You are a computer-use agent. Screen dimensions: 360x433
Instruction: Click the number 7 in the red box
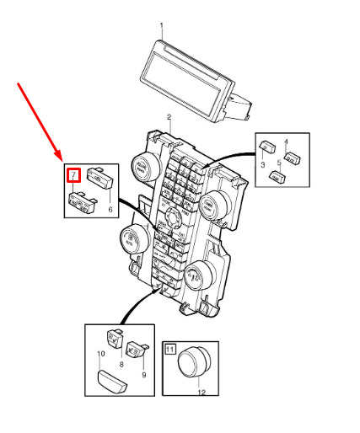coord(73,175)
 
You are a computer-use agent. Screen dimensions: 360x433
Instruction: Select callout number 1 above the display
coord(162,26)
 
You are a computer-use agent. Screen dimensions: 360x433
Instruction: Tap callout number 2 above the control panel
coord(169,117)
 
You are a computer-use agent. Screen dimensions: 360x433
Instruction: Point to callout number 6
coord(110,209)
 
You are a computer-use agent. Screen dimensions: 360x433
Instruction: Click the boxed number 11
coord(169,349)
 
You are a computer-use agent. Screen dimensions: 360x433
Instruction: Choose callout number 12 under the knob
coord(201,393)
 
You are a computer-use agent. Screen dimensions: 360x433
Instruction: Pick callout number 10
coord(101,354)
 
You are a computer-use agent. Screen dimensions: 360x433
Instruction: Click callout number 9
coord(144,375)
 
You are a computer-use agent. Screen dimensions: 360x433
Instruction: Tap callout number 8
coord(121,364)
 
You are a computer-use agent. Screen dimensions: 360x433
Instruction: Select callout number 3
coord(263,164)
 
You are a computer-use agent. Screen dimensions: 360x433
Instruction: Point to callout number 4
coord(286,142)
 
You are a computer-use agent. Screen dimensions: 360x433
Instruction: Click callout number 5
coord(279,163)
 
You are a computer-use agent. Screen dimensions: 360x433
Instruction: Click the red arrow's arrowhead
coord(58,156)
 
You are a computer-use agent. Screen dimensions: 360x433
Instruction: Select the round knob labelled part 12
coord(194,362)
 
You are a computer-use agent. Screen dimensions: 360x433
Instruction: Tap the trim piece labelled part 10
coord(112,382)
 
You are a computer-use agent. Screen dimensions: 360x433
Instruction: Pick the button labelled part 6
coord(100,178)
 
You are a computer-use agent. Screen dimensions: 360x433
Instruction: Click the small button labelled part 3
coord(267,147)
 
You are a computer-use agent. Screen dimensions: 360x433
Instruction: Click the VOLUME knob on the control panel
coord(146,167)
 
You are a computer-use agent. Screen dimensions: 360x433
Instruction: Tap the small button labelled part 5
coord(277,175)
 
